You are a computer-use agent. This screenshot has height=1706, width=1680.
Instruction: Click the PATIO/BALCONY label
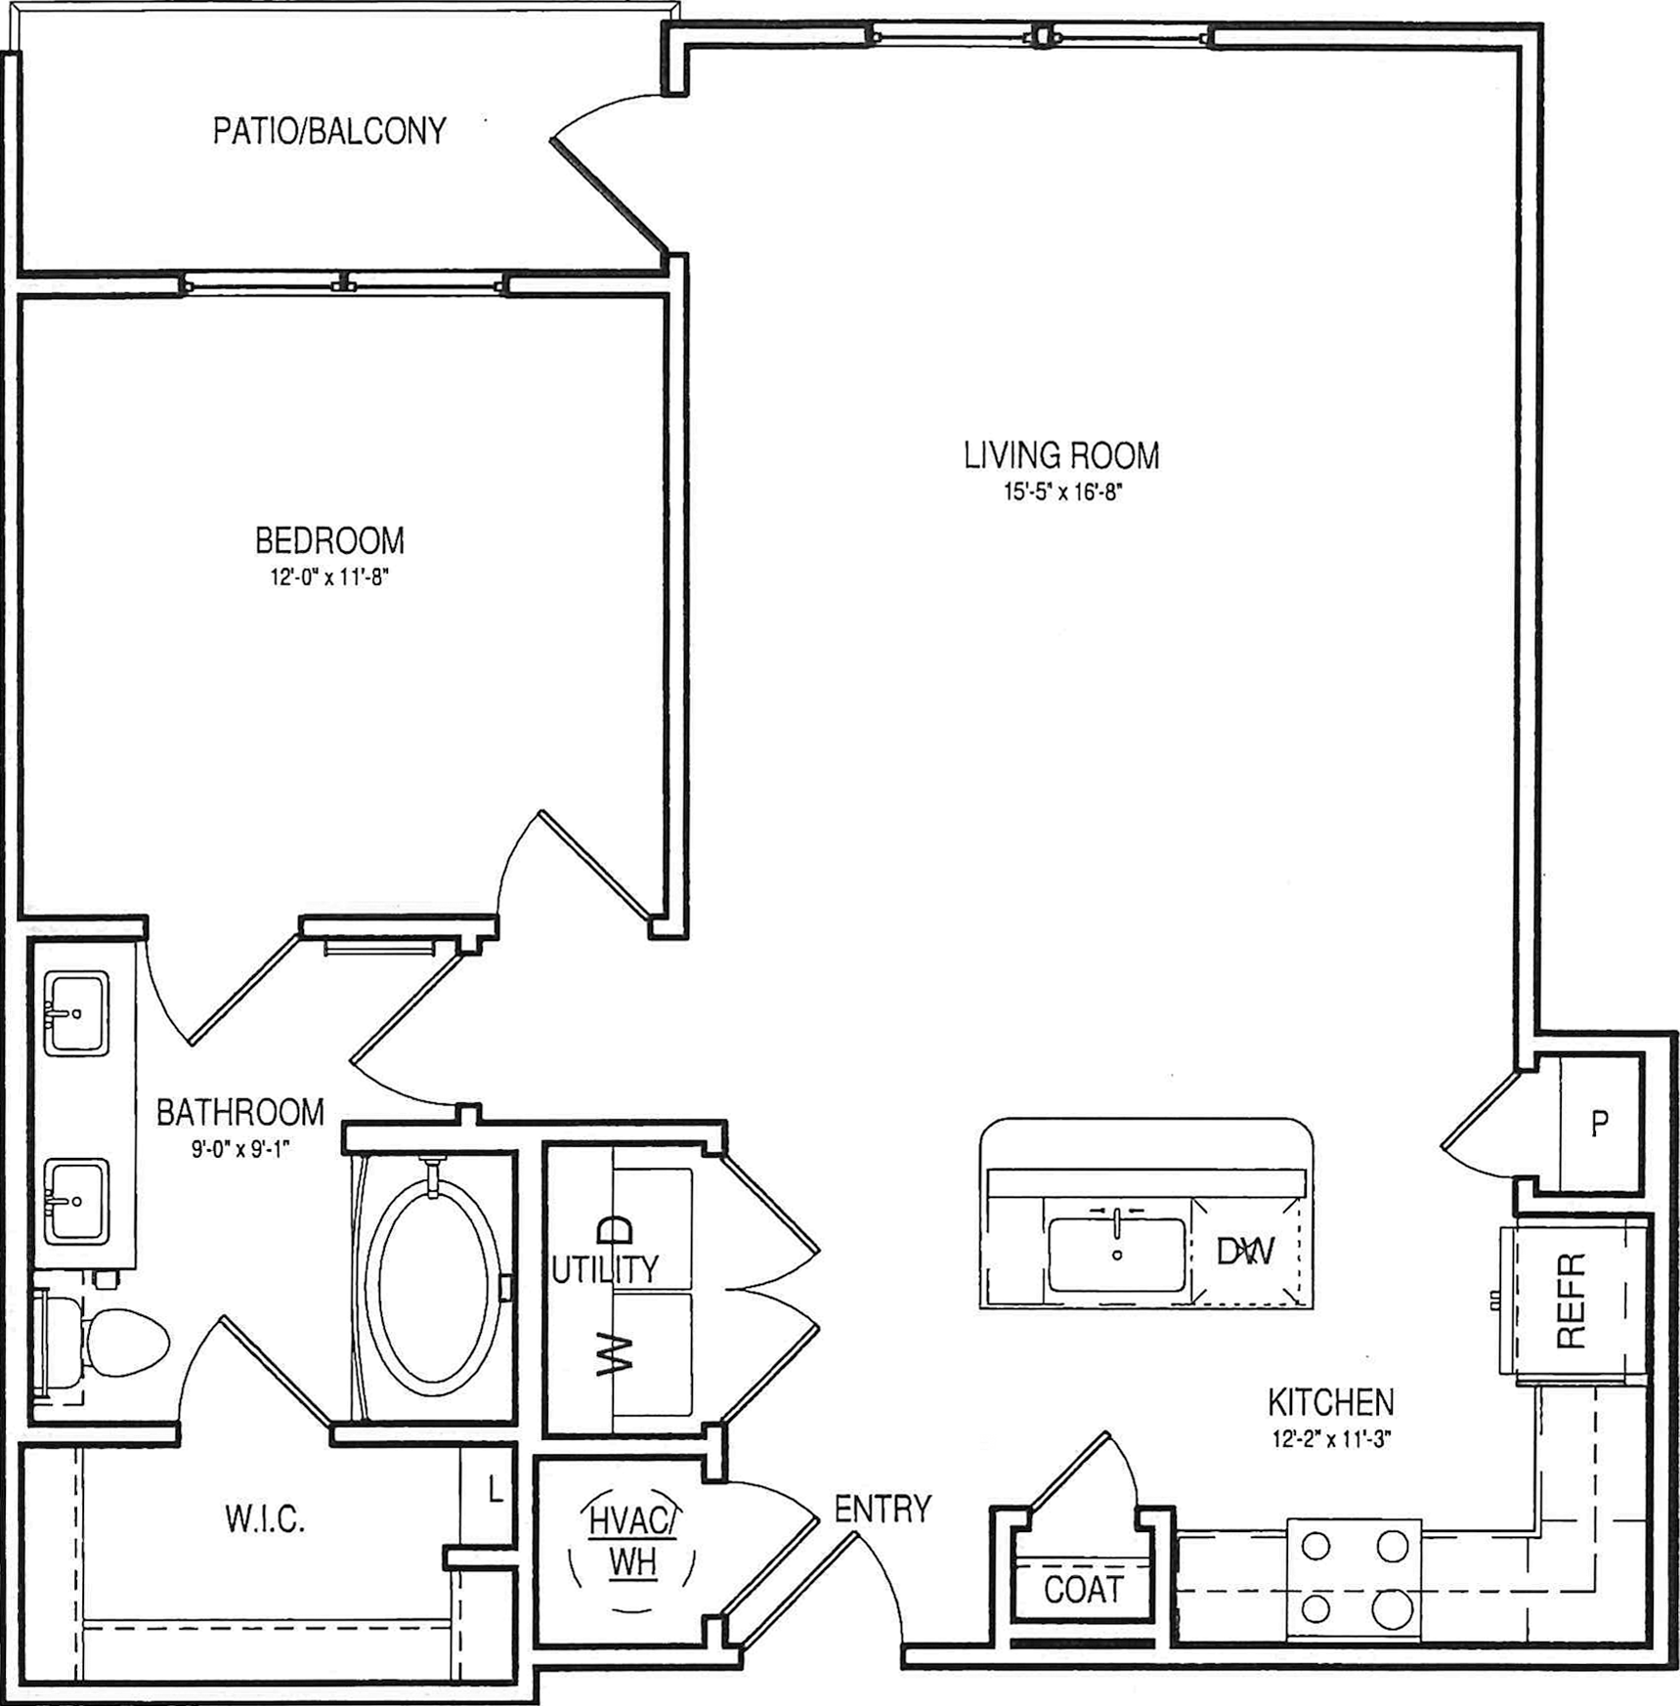(329, 131)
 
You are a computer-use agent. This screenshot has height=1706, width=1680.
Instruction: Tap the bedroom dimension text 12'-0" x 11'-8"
(329, 577)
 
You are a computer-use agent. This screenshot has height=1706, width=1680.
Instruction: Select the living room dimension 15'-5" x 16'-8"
(1061, 491)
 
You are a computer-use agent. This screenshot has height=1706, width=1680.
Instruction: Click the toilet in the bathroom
(108, 1342)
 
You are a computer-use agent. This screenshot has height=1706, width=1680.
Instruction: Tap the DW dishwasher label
(1245, 1252)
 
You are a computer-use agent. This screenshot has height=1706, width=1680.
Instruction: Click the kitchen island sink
(1117, 1255)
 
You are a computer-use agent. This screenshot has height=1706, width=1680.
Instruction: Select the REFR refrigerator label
(1571, 1301)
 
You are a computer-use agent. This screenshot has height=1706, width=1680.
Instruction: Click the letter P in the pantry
(1599, 1125)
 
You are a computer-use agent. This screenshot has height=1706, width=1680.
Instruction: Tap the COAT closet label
(1083, 1590)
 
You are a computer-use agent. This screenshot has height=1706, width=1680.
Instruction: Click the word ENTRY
(883, 1510)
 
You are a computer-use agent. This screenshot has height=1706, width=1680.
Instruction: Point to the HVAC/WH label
(631, 1542)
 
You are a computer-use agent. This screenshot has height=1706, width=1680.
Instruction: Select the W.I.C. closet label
(265, 1519)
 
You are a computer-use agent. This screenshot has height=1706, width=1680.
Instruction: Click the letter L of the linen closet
(495, 1489)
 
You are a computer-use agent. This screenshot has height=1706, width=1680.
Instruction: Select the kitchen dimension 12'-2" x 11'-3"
(1330, 1439)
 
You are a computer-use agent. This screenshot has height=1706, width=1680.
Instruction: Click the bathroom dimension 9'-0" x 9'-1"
(241, 1149)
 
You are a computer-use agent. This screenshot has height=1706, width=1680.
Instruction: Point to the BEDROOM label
(329, 540)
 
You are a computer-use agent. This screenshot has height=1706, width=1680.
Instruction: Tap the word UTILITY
(605, 1269)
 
